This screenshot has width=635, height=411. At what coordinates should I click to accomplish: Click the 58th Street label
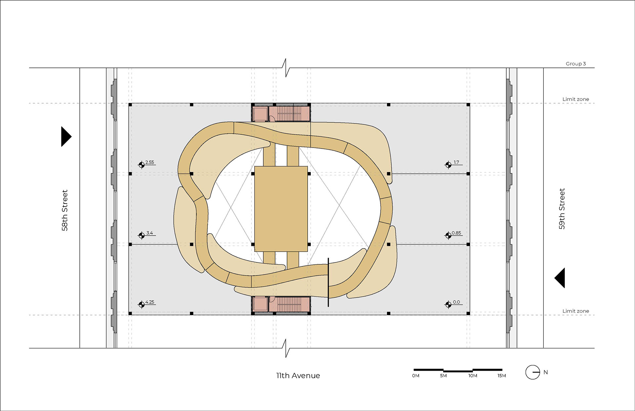click(x=64, y=210)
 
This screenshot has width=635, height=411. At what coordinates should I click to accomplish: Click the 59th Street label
click(x=562, y=209)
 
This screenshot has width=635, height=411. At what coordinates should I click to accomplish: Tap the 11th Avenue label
click(x=298, y=376)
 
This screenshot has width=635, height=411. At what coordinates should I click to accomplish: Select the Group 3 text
click(x=575, y=64)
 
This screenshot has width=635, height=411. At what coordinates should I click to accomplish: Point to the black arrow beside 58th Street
click(x=66, y=136)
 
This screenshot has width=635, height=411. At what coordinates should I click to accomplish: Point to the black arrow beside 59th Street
click(x=560, y=278)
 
